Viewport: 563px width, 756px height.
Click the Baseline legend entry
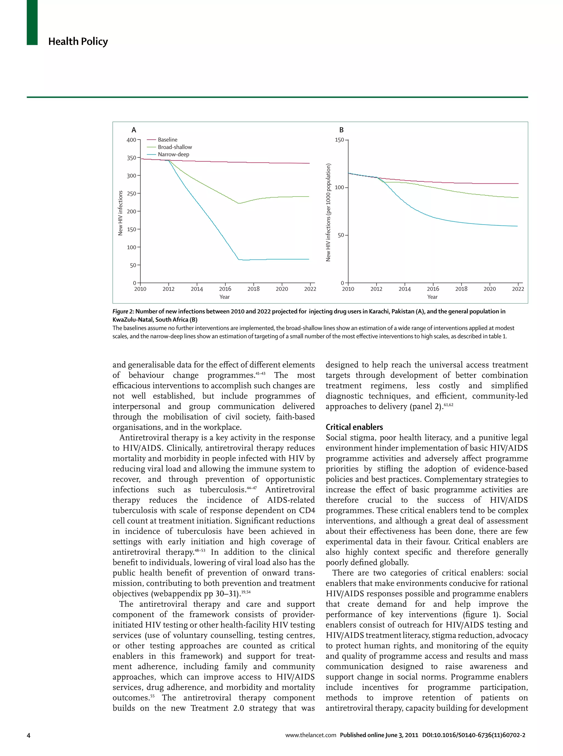point(167,140)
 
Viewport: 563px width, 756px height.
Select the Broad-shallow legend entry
point(175,147)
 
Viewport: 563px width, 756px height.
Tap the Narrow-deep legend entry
point(173,154)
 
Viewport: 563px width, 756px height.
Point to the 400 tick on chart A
point(131,140)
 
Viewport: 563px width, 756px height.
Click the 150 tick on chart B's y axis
point(339,140)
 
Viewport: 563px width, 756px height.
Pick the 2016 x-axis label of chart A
point(225,289)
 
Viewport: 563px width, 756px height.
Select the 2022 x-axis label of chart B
point(518,289)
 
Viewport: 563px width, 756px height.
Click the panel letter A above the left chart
point(134,130)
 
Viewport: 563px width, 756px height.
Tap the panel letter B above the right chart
point(341,130)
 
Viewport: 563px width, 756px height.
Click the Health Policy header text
point(78,42)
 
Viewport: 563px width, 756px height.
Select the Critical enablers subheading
point(354,427)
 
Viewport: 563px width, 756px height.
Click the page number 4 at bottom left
point(29,735)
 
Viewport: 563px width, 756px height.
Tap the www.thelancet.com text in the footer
point(310,735)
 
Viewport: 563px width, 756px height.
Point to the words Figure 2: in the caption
point(123,311)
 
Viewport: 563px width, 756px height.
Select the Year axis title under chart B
point(432,297)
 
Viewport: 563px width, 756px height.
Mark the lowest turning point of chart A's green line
point(239,203)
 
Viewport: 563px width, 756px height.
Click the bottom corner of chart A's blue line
point(239,260)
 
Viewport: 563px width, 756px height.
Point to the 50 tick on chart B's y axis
point(341,235)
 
